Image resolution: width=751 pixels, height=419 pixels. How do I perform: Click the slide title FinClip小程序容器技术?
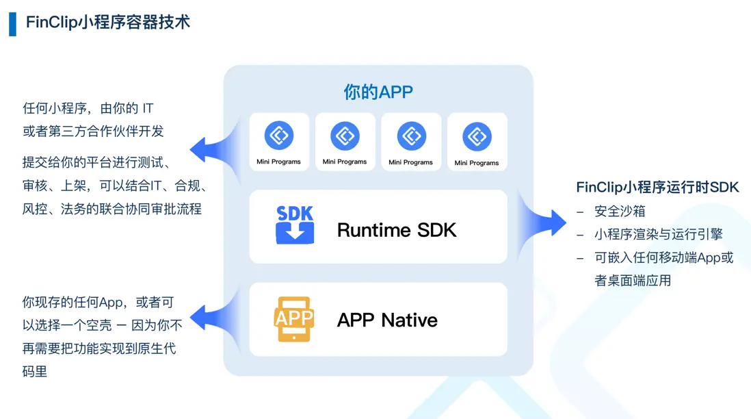pos(108,22)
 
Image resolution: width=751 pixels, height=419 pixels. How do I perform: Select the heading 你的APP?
pos(378,92)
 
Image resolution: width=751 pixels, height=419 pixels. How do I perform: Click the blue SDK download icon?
pos(295,225)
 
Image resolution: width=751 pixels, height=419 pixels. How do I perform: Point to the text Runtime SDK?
pos(397,230)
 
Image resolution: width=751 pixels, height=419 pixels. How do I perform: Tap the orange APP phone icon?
pos(293,319)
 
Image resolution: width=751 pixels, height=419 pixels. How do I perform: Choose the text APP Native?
pos(387,320)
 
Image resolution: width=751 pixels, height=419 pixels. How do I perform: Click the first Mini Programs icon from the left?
pos(278,136)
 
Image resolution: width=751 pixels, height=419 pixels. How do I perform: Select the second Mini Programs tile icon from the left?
pos(345,136)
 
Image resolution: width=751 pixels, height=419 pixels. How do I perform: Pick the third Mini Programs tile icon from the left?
pos(410,136)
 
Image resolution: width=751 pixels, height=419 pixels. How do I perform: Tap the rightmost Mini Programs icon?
pos(477,136)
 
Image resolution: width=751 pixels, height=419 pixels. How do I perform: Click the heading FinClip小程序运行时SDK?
pos(657,188)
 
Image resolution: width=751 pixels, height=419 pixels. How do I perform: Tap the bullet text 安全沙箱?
pos(620,212)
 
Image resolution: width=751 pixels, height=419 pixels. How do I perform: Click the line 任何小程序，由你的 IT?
pos(88,108)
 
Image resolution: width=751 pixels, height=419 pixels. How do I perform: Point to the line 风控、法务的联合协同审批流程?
pos(112,209)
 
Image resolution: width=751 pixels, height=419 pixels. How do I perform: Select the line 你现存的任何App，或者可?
pos(98,302)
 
